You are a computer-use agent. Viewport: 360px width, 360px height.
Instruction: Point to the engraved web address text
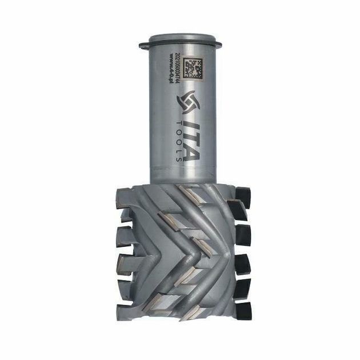coord(171,67)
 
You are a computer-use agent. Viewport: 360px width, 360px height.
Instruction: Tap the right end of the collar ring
coord(219,43)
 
